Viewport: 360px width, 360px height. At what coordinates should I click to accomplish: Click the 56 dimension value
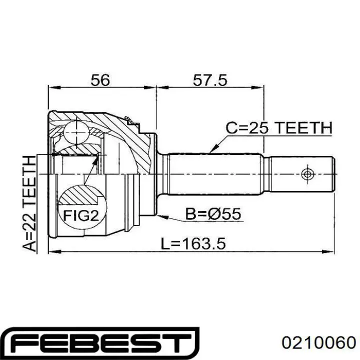pyautogui.click(x=100, y=80)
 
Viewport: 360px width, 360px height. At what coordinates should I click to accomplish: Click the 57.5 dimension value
pyautogui.click(x=210, y=80)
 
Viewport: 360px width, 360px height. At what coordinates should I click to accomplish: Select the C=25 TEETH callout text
pyautogui.click(x=279, y=128)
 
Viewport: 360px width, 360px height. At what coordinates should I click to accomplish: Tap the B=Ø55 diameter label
pyautogui.click(x=213, y=214)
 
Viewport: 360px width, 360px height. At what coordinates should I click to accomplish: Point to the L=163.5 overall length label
pyautogui.click(x=193, y=243)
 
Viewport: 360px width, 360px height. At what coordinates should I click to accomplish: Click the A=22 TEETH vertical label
pyautogui.click(x=29, y=203)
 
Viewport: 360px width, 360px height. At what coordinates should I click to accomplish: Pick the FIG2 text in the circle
pyautogui.click(x=81, y=215)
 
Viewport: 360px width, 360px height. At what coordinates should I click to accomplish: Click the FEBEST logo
pyautogui.click(x=101, y=343)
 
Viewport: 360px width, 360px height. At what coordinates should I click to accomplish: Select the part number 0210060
pyautogui.click(x=319, y=343)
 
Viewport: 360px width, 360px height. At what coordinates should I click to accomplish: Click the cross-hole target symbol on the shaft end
pyautogui.click(x=307, y=174)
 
